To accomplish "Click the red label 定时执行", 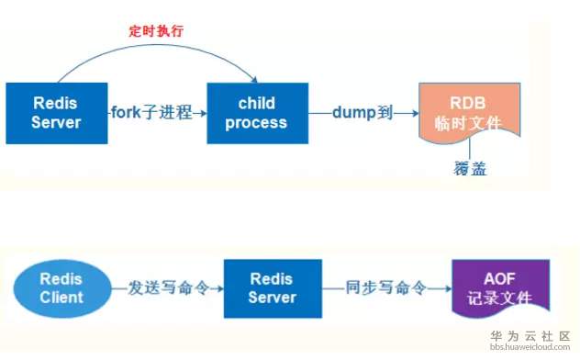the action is tap(156, 30).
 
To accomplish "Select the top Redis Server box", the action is tap(57, 113).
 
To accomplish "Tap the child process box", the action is tap(258, 113).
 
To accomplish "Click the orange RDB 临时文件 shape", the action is tap(469, 112).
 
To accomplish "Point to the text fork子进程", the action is tap(151, 112).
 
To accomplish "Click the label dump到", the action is tap(362, 112).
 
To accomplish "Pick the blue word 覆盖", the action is tap(470, 168).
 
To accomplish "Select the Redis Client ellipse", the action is tap(62, 288).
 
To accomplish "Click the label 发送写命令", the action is tap(169, 287).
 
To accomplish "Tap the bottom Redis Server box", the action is tap(273, 288).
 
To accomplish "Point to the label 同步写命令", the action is tap(385, 287).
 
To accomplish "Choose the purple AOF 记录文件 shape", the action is tap(501, 288).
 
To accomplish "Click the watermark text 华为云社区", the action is tap(530, 336).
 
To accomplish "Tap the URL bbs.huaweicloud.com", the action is tap(530, 347).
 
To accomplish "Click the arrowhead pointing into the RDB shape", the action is tap(415, 113).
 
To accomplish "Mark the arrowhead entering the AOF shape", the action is tap(449, 288).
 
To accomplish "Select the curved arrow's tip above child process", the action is tap(255, 81).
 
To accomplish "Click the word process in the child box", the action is tap(256, 123).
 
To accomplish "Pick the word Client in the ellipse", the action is tap(61, 298).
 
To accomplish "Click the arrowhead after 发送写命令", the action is tap(219, 288).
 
